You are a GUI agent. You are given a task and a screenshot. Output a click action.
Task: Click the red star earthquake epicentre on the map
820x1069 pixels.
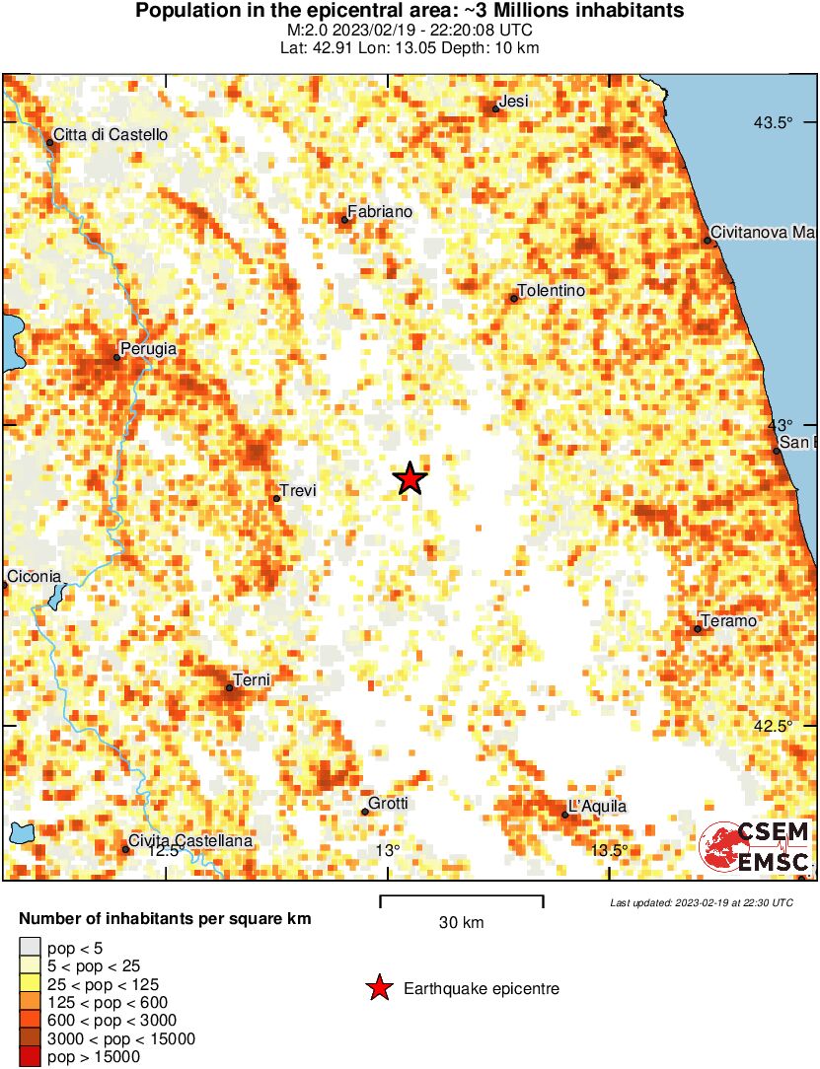tap(410, 479)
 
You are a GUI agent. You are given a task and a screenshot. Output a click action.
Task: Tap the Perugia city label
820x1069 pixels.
tap(148, 348)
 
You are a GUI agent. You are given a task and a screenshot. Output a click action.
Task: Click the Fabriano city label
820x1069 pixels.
tap(380, 212)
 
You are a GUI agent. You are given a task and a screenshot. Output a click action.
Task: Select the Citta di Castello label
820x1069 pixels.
tap(111, 134)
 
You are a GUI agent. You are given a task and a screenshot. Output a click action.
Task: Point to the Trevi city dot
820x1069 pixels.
tap(276, 498)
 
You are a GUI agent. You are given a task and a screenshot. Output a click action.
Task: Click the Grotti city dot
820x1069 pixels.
tap(365, 812)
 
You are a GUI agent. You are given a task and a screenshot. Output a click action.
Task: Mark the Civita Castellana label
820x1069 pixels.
tap(192, 841)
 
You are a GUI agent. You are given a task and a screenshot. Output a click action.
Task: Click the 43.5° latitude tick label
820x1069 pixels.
tap(774, 122)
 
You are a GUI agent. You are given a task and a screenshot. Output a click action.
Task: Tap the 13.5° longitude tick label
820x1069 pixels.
tap(609, 850)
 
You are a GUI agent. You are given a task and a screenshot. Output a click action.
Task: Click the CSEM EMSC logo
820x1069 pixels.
tap(756, 847)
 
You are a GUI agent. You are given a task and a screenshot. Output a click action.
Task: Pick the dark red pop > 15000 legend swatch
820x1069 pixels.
tap(31, 1057)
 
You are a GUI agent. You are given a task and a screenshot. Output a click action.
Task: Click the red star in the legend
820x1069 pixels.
tap(378, 988)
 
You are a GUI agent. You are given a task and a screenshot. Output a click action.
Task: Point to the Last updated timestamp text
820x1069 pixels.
tap(701, 902)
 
